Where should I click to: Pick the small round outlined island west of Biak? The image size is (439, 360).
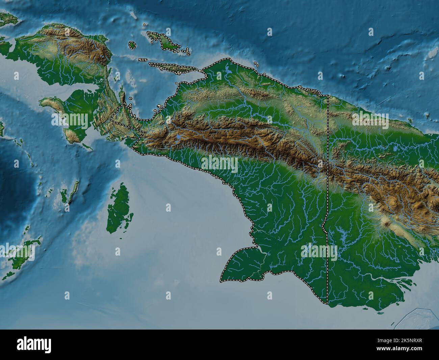click(132, 45)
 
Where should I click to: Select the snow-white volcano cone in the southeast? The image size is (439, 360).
click(386, 223)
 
